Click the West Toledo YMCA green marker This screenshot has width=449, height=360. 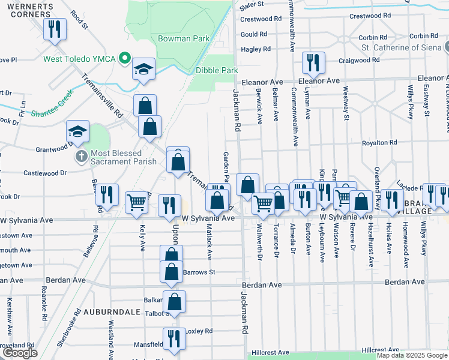[x=124, y=59]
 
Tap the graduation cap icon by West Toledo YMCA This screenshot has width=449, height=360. [x=144, y=68]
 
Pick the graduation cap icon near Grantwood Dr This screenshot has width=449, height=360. [x=77, y=131]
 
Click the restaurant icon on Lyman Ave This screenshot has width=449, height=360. [x=313, y=62]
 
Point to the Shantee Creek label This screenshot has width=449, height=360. [x=51, y=112]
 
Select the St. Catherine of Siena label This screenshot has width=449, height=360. [x=402, y=47]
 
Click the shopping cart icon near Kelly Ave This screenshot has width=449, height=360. [x=137, y=203]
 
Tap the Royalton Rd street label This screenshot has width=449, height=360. [x=379, y=143]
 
